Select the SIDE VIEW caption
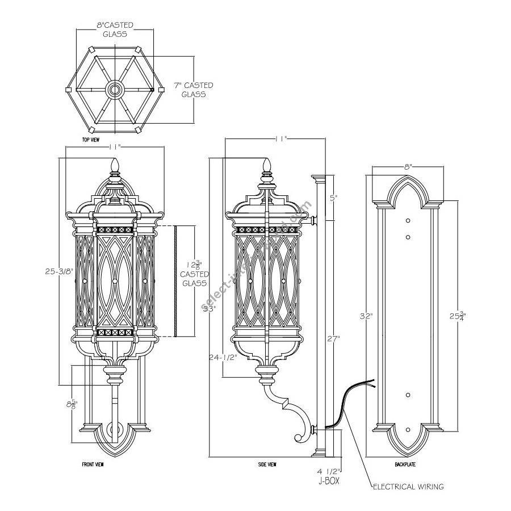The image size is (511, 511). [267, 464]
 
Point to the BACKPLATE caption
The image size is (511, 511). [405, 464]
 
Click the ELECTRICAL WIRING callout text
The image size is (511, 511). [408, 487]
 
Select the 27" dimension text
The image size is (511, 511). [333, 339]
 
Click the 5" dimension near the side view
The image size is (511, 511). [334, 198]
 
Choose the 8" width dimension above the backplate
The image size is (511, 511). [407, 167]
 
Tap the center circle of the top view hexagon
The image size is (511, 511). [115, 89]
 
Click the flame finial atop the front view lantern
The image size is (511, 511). [116, 166]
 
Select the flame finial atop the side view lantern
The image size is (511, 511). [266, 165]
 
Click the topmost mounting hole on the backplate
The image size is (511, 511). [407, 220]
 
